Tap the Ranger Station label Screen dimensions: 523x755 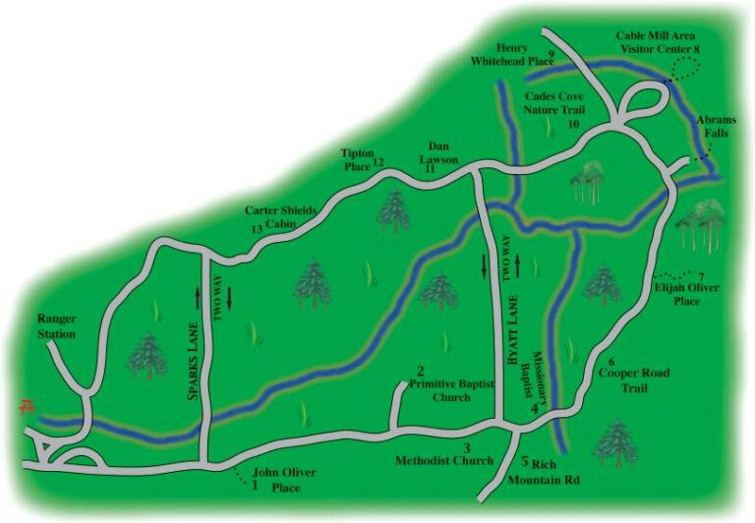[x=56, y=326]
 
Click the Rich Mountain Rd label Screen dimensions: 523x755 [x=544, y=474]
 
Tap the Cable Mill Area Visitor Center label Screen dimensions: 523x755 [x=656, y=41]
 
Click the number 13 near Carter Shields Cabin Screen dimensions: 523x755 [x=257, y=229]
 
